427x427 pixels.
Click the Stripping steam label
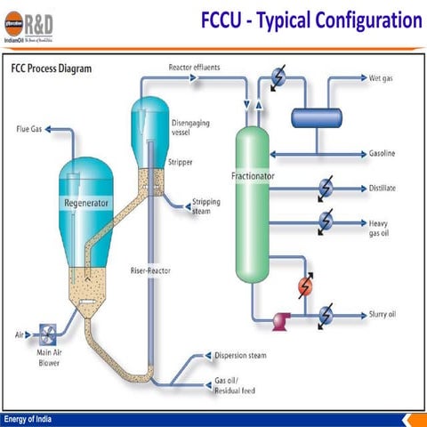pyautogui.click(x=207, y=205)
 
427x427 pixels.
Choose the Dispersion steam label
pyautogui.click(x=240, y=356)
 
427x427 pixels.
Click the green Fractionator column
pyautogui.click(x=252, y=205)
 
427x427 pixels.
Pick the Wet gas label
pyautogui.click(x=383, y=78)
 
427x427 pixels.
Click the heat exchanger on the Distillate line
pyautogui.click(x=326, y=188)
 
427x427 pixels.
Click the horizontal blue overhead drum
pyautogui.click(x=317, y=116)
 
